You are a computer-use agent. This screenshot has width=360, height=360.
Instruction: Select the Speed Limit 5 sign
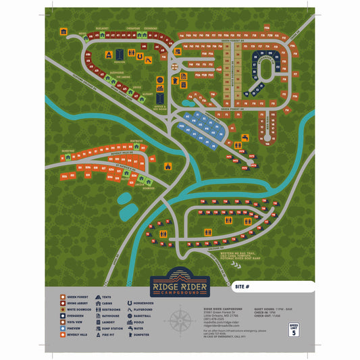coord(293,329)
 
